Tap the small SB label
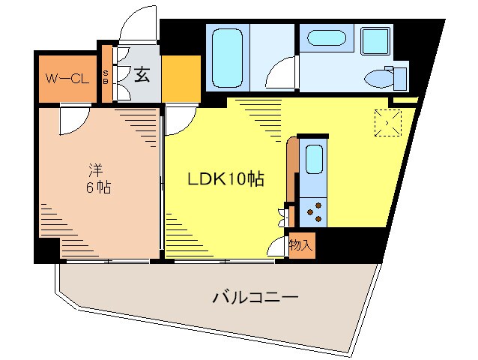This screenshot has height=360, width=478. tap(106, 76)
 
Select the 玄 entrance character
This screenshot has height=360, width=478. tap(141, 74)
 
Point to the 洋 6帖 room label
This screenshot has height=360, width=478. tap(97, 178)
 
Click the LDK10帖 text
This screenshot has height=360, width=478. tap(225, 180)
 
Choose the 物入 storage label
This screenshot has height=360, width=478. tap(301, 245)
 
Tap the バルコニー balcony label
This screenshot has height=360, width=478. tap(255, 298)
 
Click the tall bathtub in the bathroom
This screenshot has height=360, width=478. tap(226, 57)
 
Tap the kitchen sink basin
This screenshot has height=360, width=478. tap(314, 160)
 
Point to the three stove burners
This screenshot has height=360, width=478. tap(314, 211)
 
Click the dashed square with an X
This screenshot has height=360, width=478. tap(389, 122)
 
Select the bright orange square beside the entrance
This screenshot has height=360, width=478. tap(180, 79)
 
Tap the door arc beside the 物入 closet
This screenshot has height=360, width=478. tap(279, 247)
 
